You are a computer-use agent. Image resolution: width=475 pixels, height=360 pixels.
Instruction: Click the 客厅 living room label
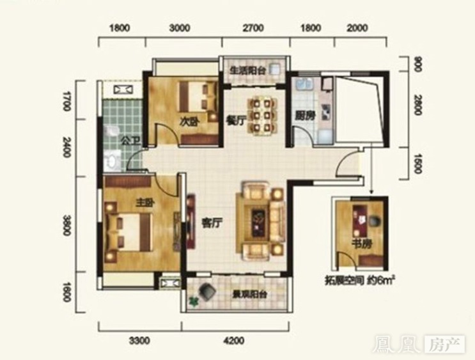tap(212, 223)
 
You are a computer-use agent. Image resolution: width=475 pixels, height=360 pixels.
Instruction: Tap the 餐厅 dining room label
tap(235, 120)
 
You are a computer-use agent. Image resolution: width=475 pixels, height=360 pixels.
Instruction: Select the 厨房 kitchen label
tap(305, 116)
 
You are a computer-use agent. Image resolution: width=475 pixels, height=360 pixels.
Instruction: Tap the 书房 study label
tap(361, 244)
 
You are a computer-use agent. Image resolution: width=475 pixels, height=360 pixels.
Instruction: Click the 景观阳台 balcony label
tap(249, 294)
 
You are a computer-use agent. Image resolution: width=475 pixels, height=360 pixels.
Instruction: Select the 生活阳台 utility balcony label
tap(247, 70)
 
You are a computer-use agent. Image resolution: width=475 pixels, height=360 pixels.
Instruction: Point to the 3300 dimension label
tap(139, 341)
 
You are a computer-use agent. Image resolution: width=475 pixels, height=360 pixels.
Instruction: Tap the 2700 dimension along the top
tap(253, 28)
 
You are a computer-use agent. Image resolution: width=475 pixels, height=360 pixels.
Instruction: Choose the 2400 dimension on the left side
tap(66, 147)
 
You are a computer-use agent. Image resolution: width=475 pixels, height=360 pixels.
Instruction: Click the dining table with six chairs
tap(263, 116)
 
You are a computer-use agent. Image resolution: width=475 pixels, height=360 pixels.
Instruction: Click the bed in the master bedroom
tap(128, 232)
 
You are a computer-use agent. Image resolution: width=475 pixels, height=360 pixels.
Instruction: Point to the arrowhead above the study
tap(371, 191)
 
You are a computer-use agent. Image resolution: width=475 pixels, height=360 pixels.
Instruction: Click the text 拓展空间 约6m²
tap(360, 281)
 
